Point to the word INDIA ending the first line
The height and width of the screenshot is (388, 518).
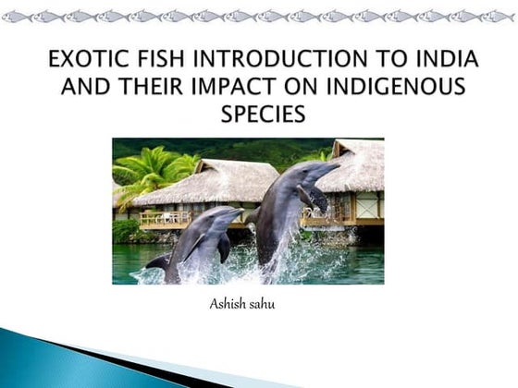click(443, 63)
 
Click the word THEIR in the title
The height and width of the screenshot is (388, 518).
click(152, 90)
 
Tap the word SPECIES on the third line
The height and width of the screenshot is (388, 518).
click(263, 116)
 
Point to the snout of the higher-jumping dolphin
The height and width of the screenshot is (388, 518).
click(335, 167)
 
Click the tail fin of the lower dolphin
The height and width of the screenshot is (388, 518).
click(158, 262)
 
